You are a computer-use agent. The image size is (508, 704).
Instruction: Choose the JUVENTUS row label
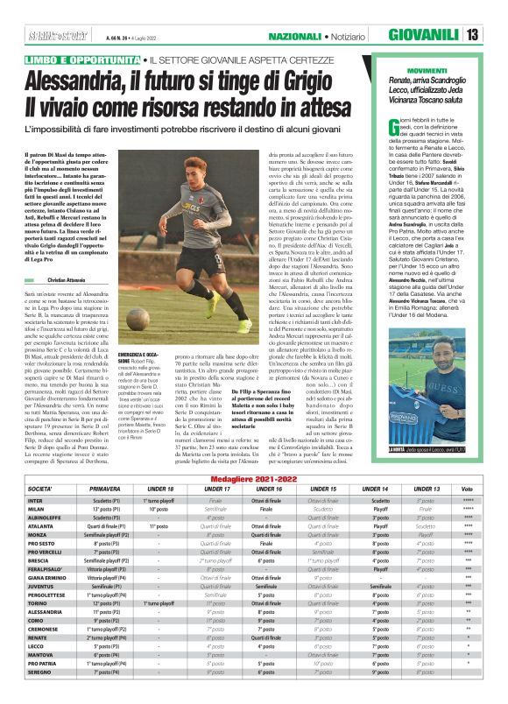pos(41,611)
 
